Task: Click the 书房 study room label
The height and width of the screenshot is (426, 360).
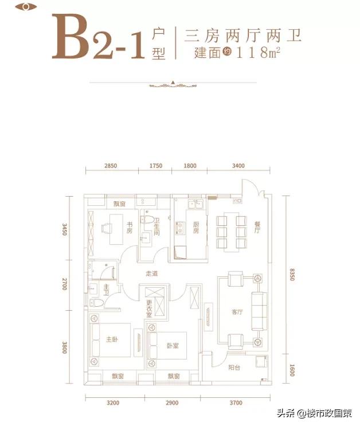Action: coord(130,228)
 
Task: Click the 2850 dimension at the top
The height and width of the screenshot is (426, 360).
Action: coord(111,166)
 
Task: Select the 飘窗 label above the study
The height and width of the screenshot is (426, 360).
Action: coord(119,204)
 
